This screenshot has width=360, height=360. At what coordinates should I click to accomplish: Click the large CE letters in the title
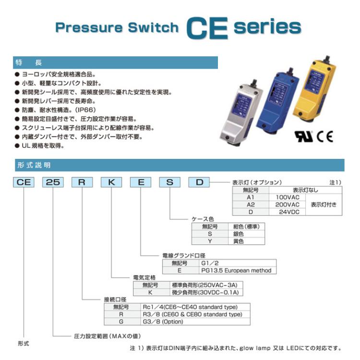(x=207, y=28)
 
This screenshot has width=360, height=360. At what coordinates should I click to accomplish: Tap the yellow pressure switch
(x=315, y=89)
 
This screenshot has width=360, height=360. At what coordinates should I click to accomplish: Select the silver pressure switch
(x=241, y=112)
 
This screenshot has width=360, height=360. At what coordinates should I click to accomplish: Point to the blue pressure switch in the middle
(x=278, y=101)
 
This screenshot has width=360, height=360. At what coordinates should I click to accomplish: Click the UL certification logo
(x=304, y=137)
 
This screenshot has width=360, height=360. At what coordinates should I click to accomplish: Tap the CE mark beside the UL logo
(x=324, y=137)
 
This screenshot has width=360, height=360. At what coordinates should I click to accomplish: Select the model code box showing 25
(x=53, y=182)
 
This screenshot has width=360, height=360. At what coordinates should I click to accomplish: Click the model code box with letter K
(x=111, y=182)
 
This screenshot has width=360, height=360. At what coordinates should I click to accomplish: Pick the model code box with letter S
(x=170, y=182)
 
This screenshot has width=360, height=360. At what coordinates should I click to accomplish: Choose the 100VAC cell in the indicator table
(x=287, y=197)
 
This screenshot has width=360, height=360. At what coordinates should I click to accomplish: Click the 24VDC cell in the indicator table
(x=287, y=212)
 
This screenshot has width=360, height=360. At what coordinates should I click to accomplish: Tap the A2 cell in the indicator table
(x=251, y=204)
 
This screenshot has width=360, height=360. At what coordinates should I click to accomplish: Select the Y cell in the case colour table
(x=210, y=241)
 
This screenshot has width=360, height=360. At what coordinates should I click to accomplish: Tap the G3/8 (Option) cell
(x=195, y=322)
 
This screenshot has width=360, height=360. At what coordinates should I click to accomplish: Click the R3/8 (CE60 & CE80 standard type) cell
(x=195, y=314)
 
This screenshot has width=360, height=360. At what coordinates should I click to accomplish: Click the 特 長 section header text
(x=29, y=62)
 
